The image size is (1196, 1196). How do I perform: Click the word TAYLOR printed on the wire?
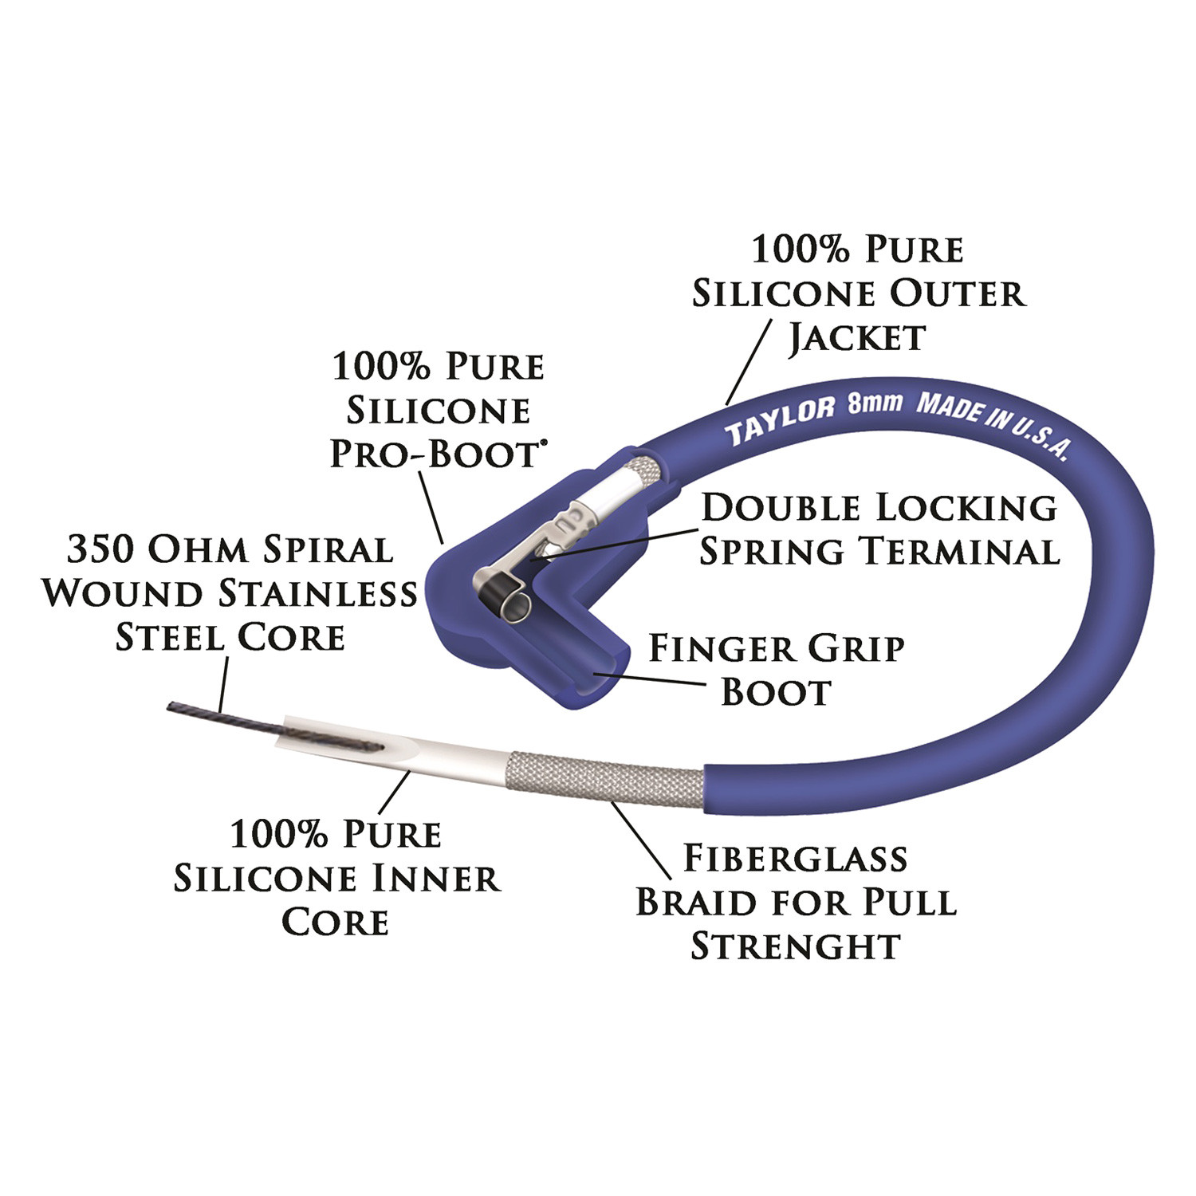[779, 419]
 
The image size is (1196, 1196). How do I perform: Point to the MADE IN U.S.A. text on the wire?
[993, 424]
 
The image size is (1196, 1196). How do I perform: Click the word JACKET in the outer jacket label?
[857, 337]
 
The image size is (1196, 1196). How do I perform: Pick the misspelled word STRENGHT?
[795, 946]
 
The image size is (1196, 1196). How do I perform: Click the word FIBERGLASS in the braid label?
[796, 858]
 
